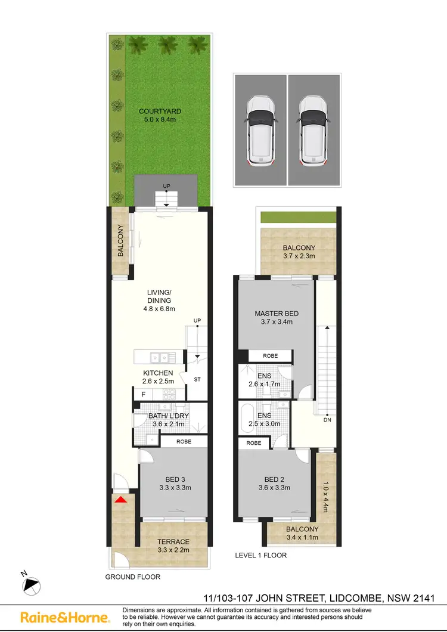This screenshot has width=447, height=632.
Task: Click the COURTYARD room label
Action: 160,111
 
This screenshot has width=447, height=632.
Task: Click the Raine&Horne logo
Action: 65,617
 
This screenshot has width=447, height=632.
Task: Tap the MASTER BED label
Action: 277,314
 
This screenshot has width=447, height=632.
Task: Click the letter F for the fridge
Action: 143,395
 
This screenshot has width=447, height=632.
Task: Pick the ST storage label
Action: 198,379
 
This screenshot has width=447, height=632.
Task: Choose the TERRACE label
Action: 173,541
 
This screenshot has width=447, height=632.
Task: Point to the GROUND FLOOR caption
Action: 132,577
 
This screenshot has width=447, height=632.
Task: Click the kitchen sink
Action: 159,357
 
